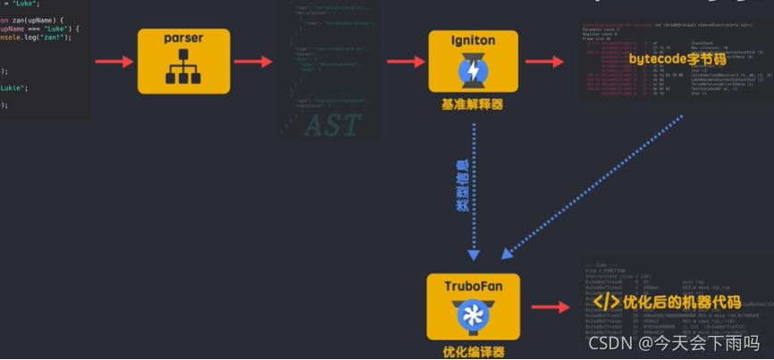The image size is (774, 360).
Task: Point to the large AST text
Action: pyautogui.click(x=332, y=126)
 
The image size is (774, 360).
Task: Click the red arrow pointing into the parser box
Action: pyautogui.click(x=114, y=62)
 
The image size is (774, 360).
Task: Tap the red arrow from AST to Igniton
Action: pyautogui.click(x=406, y=62)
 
